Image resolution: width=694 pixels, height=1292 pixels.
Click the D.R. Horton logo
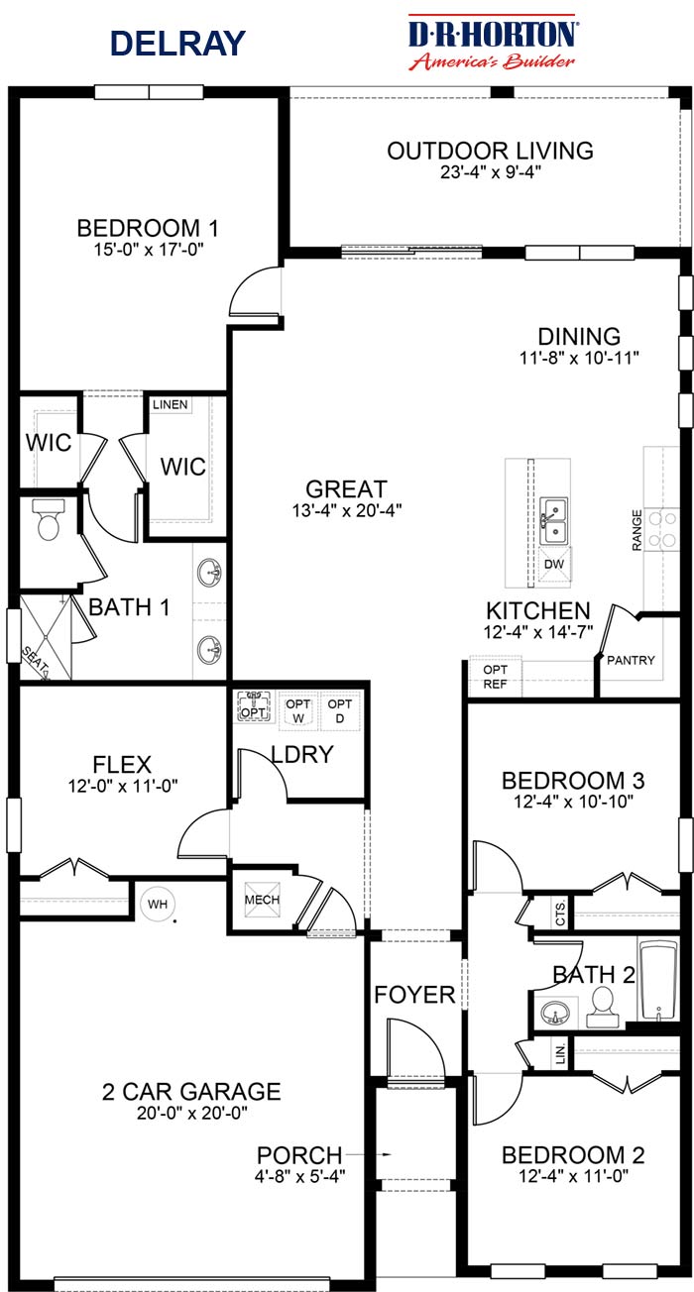(493, 44)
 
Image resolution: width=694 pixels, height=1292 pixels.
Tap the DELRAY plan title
(177, 44)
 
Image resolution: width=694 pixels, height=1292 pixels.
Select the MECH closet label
(263, 900)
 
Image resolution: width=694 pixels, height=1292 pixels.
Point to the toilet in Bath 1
(49, 520)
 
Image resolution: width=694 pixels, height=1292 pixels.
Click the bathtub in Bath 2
(657, 980)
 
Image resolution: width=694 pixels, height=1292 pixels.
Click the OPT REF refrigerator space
(495, 676)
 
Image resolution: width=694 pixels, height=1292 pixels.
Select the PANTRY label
(631, 660)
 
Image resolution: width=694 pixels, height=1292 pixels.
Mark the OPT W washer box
(298, 710)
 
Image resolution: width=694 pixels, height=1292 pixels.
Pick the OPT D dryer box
(340, 710)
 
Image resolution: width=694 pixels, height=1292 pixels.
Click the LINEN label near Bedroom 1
(172, 405)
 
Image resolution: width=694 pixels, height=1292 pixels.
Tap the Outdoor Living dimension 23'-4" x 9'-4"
(490, 171)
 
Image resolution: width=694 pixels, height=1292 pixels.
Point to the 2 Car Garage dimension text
(191, 1113)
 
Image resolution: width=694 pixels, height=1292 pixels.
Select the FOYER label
(414, 994)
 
